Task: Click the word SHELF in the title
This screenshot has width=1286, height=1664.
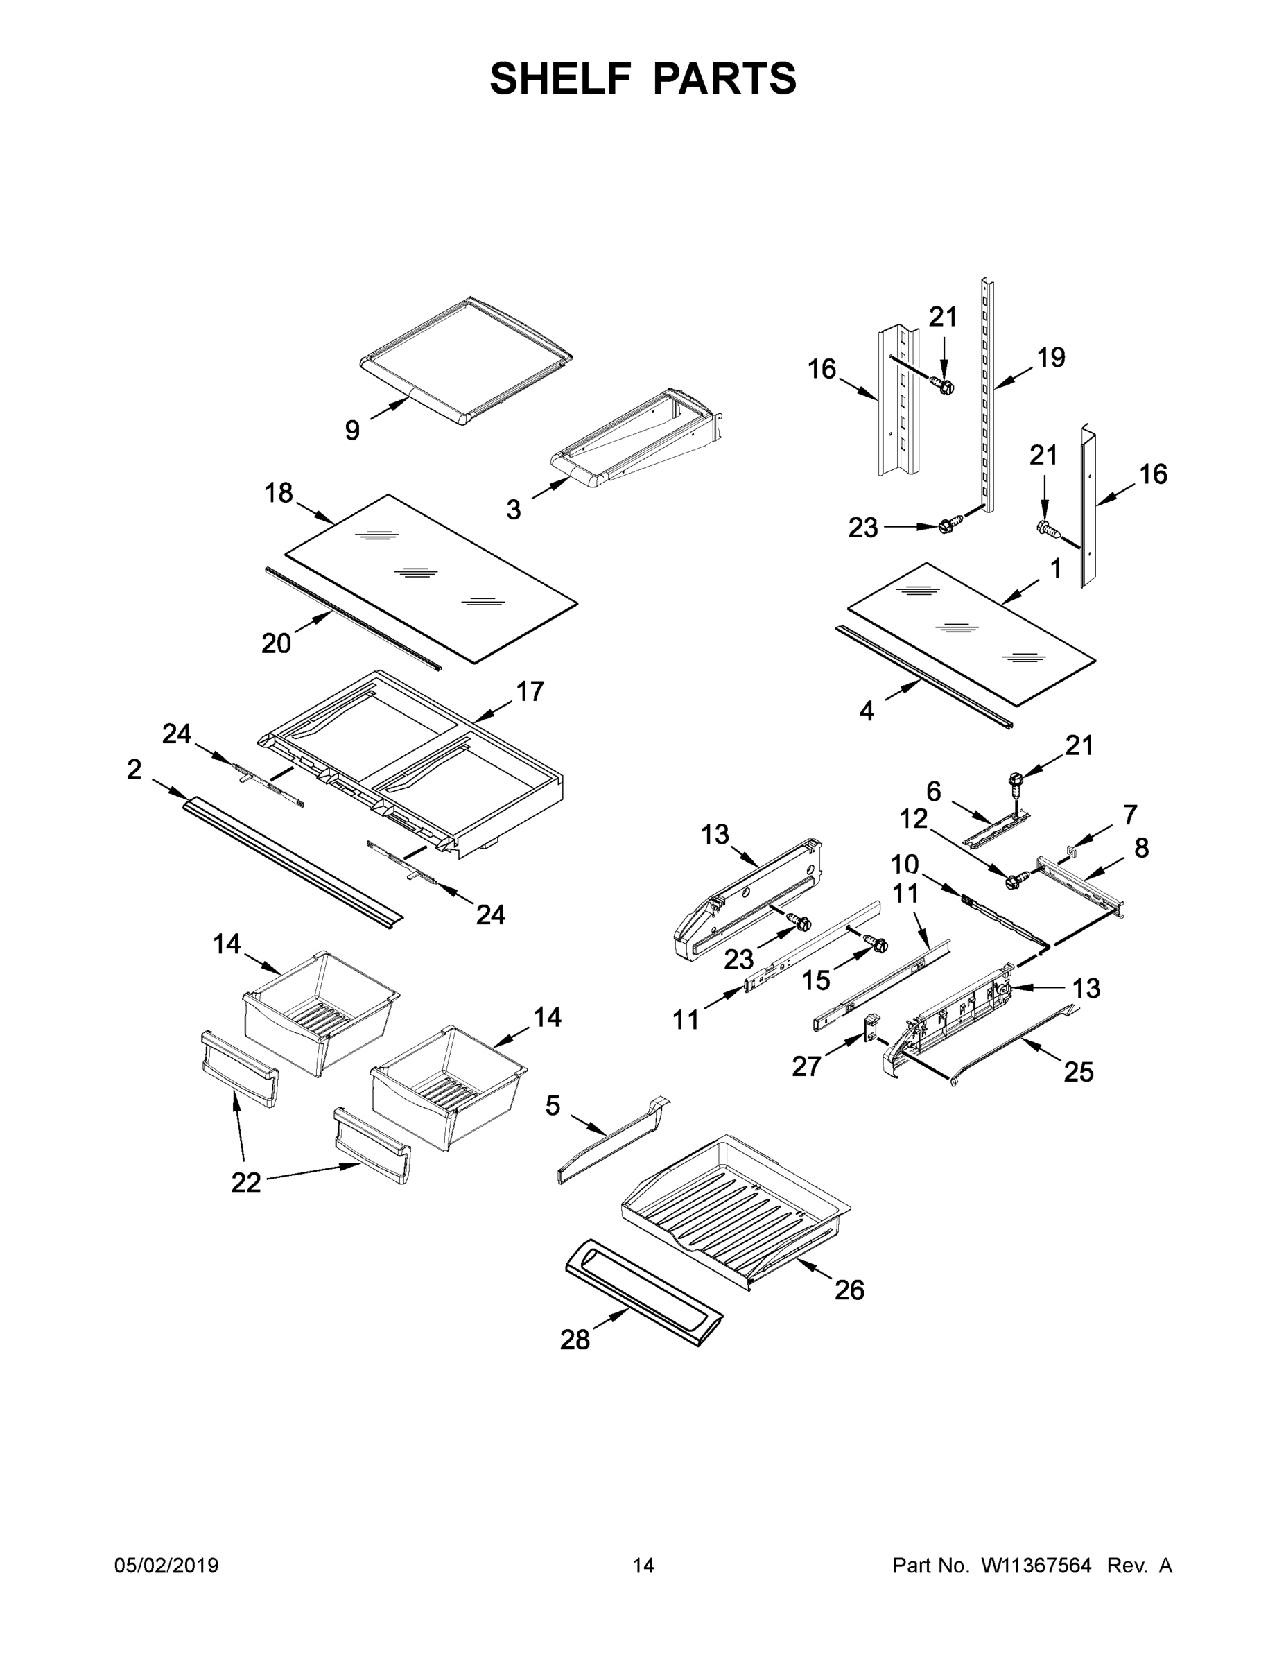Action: coord(562,78)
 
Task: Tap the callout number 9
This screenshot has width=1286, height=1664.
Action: coord(352,431)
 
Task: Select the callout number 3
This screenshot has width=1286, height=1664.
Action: coord(514,510)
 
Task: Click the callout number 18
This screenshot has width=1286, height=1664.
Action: coord(279,493)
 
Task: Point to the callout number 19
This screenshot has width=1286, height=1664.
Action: coord(1052,357)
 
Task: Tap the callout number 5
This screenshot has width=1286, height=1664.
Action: coord(553,1106)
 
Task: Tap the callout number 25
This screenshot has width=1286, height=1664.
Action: coord(1078,1072)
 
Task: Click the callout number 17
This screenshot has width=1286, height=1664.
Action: coord(530,691)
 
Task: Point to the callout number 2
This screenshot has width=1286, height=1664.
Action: coord(134,770)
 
